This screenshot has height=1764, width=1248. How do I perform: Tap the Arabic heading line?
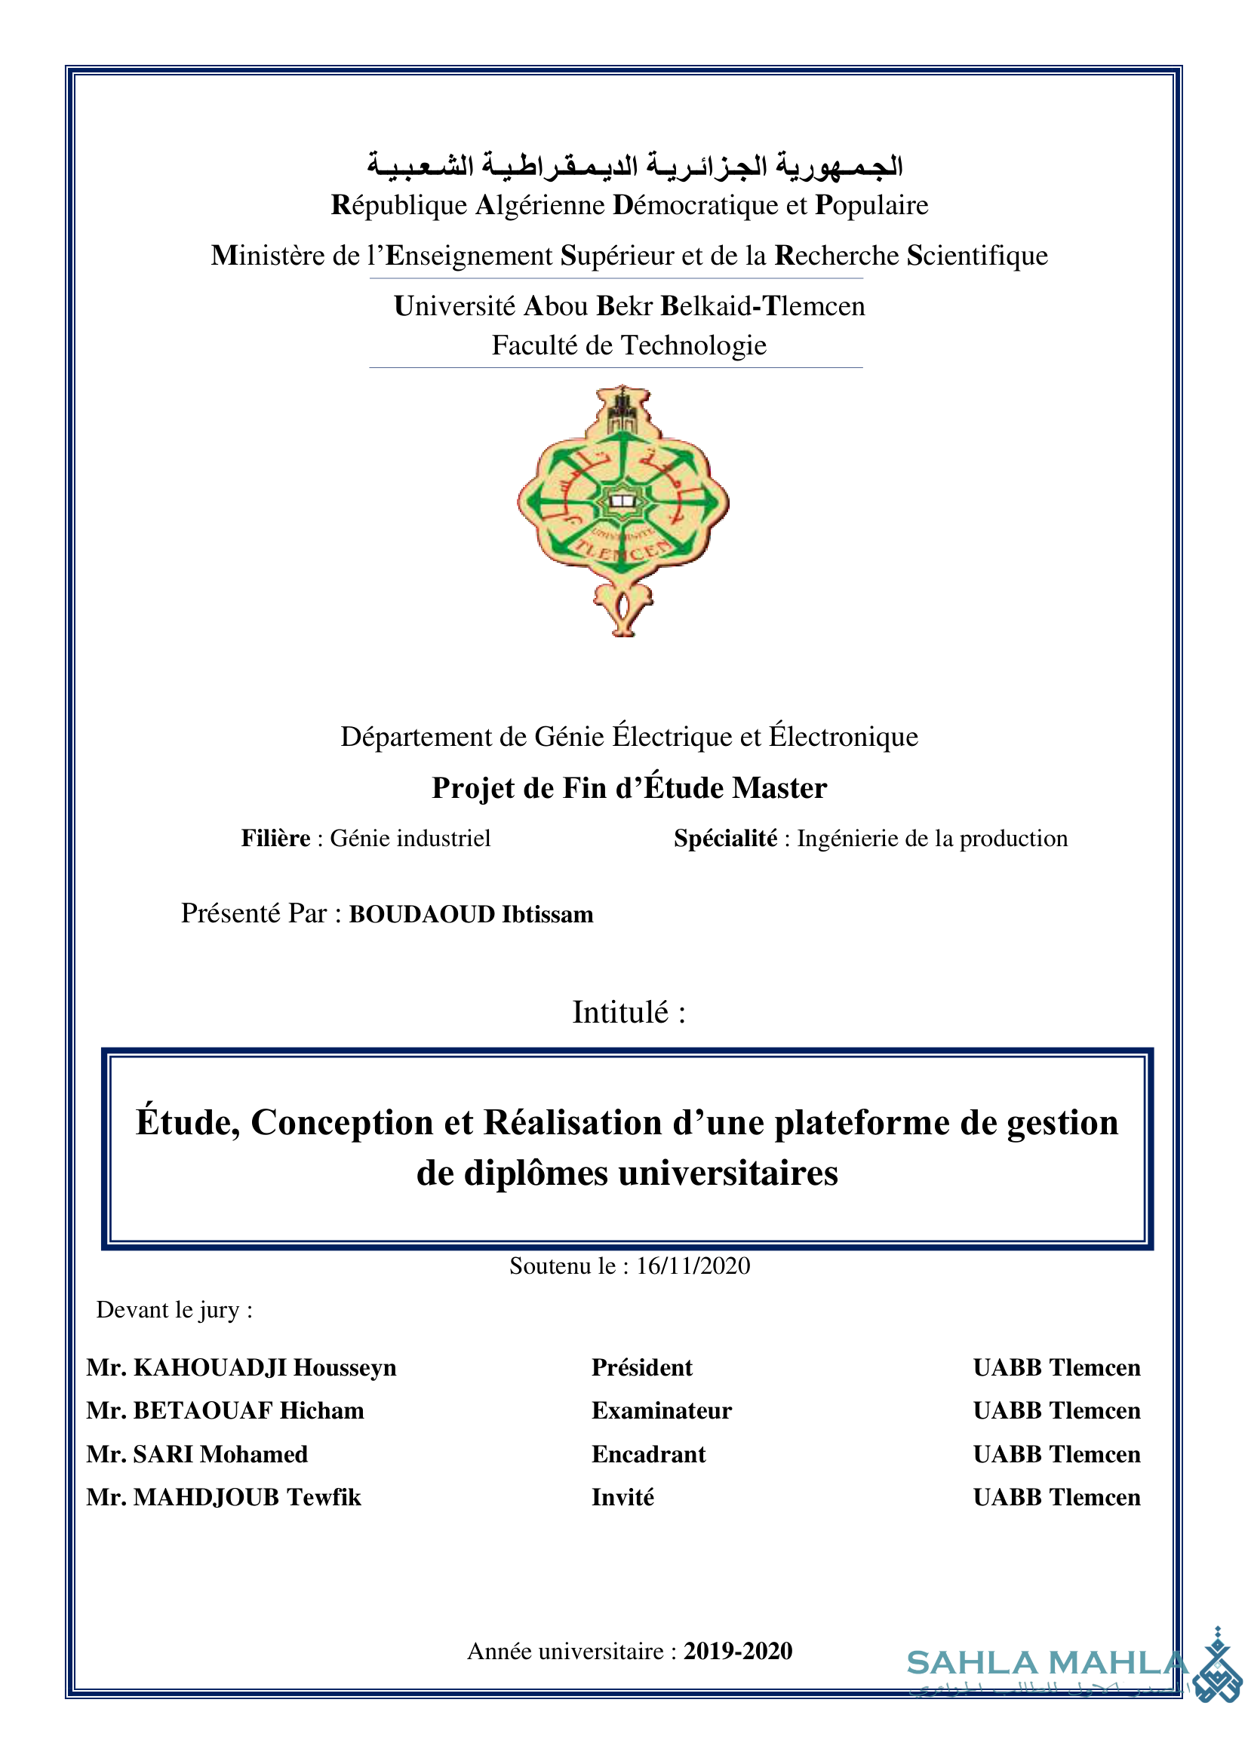click(x=634, y=164)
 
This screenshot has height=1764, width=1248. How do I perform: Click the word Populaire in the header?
click(x=871, y=206)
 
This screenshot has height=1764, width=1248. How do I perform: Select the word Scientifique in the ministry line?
click(x=976, y=256)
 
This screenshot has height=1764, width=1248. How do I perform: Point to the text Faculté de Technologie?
click(x=629, y=345)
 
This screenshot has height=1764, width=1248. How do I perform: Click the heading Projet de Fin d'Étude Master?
click(x=629, y=788)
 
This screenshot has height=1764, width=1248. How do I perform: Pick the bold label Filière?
click(x=276, y=838)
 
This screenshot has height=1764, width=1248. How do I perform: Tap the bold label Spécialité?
click(x=725, y=838)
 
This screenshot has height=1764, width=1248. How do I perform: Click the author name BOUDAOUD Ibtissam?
click(x=471, y=914)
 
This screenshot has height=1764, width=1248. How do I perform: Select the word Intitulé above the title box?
click(x=620, y=1013)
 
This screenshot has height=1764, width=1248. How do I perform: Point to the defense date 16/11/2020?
click(x=693, y=1265)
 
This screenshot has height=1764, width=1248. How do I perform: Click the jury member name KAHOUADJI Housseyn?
click(x=264, y=1367)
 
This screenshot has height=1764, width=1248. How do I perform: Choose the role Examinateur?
click(x=661, y=1410)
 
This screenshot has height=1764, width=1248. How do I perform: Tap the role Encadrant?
click(x=648, y=1454)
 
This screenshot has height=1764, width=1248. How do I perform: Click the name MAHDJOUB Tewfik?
click(x=247, y=1498)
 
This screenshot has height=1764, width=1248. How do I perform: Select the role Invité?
click(x=622, y=1498)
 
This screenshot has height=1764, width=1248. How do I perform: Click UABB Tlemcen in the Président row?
click(x=1056, y=1367)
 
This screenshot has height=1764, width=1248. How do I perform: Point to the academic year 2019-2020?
click(x=738, y=1651)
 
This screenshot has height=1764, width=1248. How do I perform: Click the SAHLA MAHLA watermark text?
click(x=1047, y=1664)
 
